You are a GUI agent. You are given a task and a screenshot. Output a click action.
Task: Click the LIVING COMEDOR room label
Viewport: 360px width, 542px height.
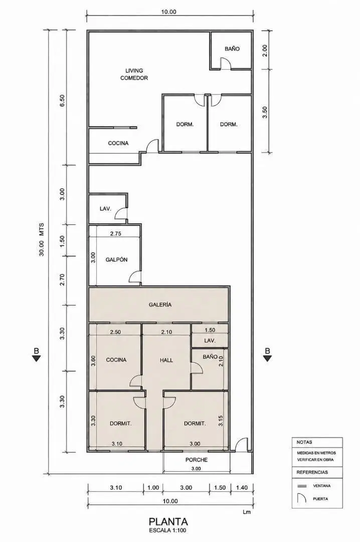(134, 74)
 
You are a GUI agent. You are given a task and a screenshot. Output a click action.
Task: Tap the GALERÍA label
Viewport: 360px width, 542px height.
(160, 305)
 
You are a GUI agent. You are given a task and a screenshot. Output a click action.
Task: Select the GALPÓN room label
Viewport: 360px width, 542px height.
(116, 259)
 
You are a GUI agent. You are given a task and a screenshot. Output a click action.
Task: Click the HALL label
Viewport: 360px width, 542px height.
(166, 360)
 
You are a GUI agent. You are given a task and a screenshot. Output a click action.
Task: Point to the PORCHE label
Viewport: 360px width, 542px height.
(197, 460)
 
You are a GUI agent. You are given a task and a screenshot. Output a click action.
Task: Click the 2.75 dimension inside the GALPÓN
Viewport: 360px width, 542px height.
(115, 233)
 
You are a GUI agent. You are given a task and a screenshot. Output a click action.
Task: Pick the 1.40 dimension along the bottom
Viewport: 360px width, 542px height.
(242, 488)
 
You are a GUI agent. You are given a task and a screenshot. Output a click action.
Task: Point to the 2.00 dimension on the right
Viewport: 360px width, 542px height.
(265, 51)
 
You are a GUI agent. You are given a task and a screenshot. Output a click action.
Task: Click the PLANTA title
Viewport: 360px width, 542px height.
(168, 521)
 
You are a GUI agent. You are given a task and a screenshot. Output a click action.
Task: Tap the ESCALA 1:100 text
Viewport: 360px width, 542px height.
(168, 530)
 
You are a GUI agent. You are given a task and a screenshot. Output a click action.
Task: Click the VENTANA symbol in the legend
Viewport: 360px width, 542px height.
(302, 486)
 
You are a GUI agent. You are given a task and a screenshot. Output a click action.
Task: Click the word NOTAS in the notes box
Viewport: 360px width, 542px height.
(304, 442)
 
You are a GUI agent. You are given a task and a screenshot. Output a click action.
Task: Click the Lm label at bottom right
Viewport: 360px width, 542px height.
(247, 512)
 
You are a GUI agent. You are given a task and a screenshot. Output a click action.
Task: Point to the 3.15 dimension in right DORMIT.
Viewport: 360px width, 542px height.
(221, 421)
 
